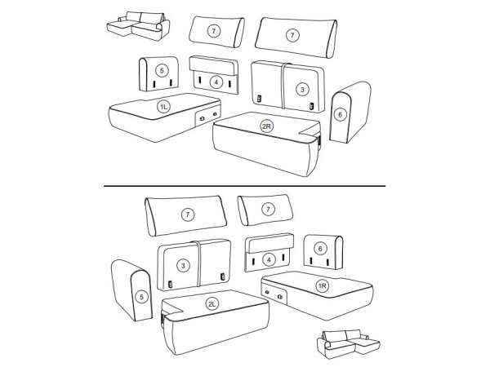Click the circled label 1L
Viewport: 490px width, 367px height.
pyautogui.click(x=164, y=107)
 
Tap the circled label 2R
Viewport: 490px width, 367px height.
pyautogui.click(x=266, y=126)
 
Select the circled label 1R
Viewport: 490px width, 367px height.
pyautogui.click(x=323, y=286)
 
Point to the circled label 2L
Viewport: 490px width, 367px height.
pyautogui.click(x=212, y=303)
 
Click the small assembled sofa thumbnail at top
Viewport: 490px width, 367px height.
pyautogui.click(x=139, y=26)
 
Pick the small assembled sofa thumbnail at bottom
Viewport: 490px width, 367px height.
pyautogui.click(x=349, y=344)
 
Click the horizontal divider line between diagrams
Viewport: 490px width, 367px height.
pyautogui.click(x=245, y=186)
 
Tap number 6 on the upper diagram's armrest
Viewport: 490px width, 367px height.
pyautogui.click(x=340, y=115)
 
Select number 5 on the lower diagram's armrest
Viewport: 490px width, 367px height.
pyautogui.click(x=141, y=297)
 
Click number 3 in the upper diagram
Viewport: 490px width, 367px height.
pyautogui.click(x=302, y=90)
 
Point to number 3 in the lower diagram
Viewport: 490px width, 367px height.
pyautogui.click(x=183, y=266)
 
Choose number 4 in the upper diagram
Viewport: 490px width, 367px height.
pyautogui.click(x=216, y=82)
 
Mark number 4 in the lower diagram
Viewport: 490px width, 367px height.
pyautogui.click(x=269, y=259)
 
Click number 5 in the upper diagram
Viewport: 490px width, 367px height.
pyautogui.click(x=162, y=70)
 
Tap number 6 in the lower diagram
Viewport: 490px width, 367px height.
pyautogui.click(x=320, y=249)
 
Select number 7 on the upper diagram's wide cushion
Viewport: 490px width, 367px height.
pyautogui.click(x=292, y=35)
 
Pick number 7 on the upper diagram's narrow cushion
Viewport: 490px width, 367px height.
pyautogui.click(x=214, y=31)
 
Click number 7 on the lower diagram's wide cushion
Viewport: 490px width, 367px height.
pyautogui.click(x=188, y=214)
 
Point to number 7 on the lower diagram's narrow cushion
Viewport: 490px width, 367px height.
pyautogui.click(x=268, y=209)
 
